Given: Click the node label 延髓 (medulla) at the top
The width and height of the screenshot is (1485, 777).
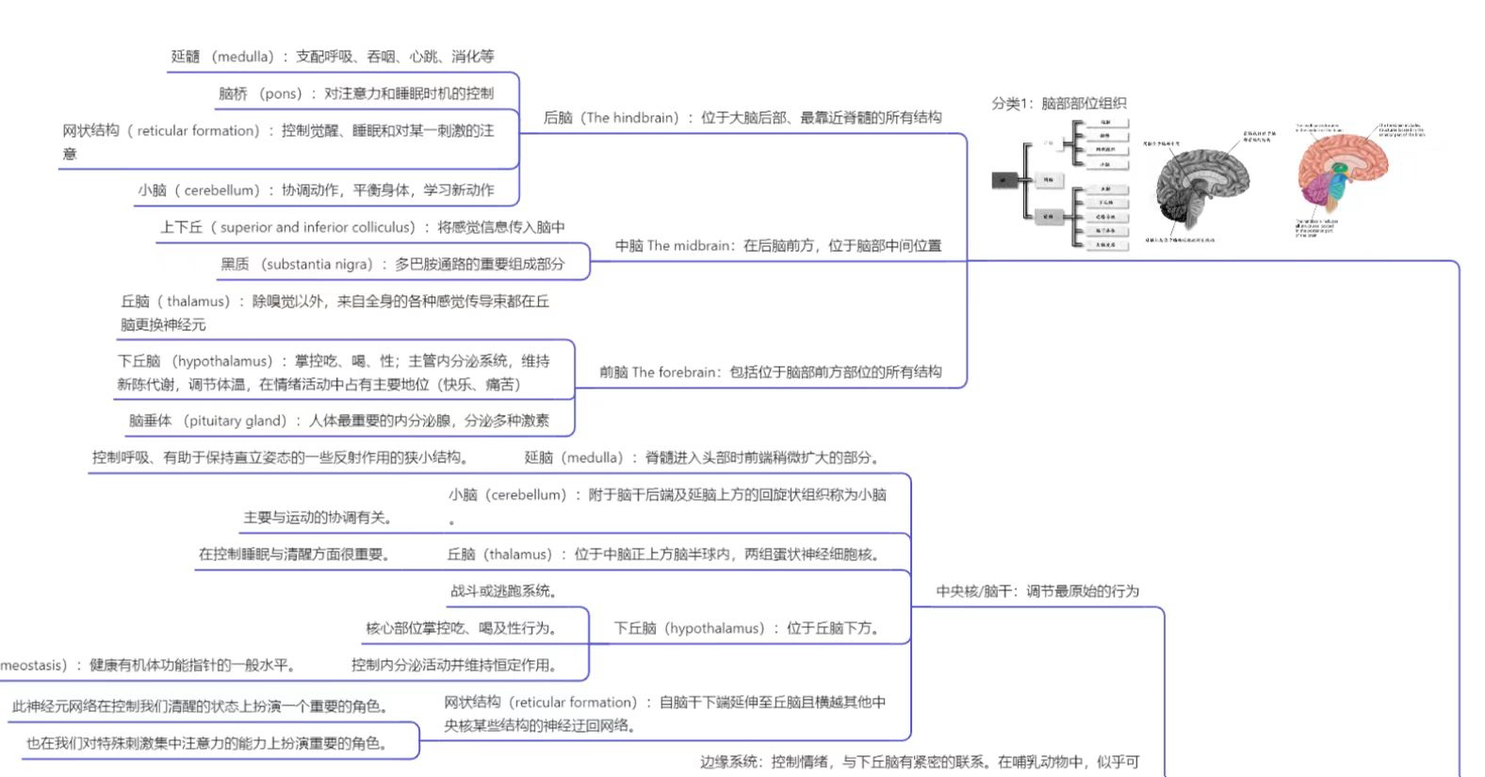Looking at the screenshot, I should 332,57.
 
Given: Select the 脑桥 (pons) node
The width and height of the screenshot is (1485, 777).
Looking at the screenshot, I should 355,93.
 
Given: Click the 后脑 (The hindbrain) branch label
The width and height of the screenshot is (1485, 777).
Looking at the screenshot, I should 742,118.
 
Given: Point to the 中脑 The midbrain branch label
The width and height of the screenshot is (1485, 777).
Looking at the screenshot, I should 777,246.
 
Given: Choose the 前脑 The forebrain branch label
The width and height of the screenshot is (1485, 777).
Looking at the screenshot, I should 770,372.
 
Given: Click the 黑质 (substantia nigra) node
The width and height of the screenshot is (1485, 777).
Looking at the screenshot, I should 392,265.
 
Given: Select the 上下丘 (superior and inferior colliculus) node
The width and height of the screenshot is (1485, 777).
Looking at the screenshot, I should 362,227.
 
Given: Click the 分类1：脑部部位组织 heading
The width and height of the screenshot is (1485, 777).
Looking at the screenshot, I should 1058,104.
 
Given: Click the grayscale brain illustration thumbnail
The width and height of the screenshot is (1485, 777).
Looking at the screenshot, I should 1201,184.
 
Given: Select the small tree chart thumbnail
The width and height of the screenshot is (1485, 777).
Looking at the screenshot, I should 1060,184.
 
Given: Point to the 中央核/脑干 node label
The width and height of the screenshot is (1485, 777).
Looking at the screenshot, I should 1036,591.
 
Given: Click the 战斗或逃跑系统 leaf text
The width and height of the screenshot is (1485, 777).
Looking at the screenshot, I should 503,591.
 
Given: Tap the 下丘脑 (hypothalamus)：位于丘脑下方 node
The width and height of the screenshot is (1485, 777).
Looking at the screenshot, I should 746,628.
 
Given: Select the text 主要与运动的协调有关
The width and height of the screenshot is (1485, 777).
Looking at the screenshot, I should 318,518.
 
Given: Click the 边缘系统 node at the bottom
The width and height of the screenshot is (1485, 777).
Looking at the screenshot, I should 919,762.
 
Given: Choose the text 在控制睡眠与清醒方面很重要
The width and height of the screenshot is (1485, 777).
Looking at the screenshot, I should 294,554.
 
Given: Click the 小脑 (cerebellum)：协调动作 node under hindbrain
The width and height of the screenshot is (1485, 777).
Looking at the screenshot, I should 316,190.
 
